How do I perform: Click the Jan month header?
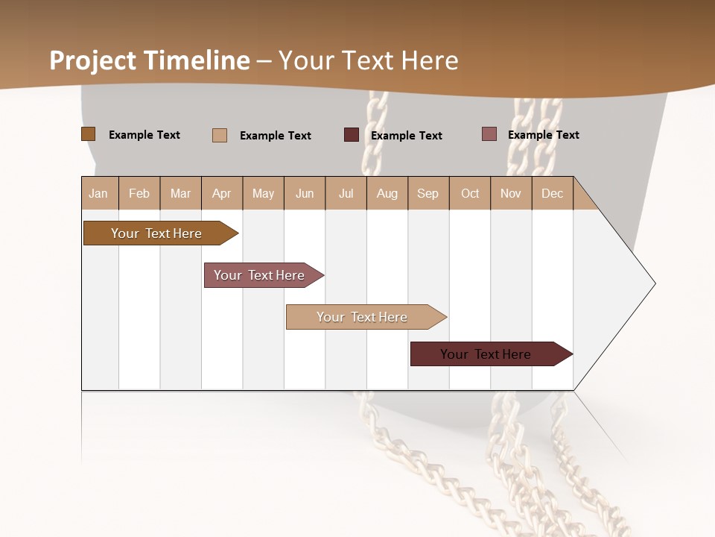98,193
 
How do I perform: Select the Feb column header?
139,193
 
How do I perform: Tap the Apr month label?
221,193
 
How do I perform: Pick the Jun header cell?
305,193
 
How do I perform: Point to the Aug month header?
387,193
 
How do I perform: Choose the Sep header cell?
428,193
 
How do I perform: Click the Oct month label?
470,193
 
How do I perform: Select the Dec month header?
552,193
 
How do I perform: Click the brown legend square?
88,134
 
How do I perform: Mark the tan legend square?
220,135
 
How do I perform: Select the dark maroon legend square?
352,135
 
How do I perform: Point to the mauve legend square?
489,134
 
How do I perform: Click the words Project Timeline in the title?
150,60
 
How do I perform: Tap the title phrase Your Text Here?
369,60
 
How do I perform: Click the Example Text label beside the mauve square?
543,135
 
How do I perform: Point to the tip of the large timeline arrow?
653,283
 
